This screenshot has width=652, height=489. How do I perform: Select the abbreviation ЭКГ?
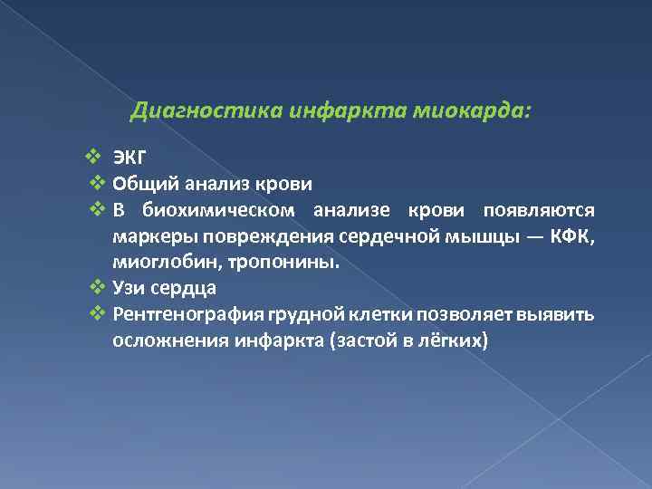click(131, 156)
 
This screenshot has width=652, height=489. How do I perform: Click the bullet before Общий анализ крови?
click(99, 184)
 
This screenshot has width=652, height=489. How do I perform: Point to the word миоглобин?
click(158, 263)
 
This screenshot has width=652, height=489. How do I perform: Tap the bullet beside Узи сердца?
click(99, 288)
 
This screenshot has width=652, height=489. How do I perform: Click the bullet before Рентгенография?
click(99, 314)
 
